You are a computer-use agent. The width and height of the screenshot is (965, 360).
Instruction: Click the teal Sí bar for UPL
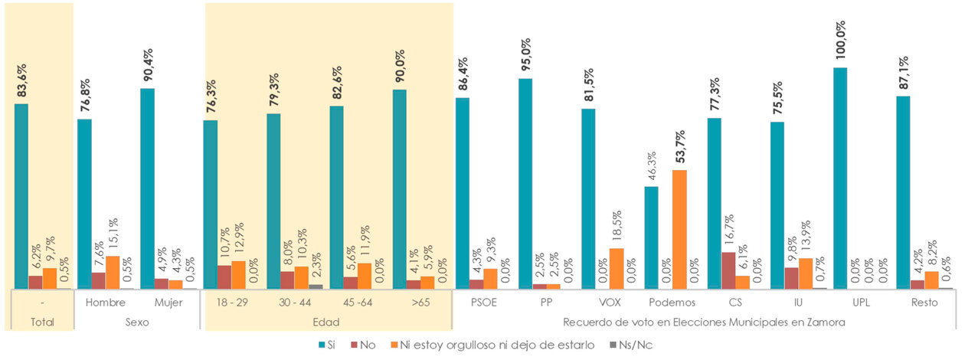pyautogui.click(x=840, y=178)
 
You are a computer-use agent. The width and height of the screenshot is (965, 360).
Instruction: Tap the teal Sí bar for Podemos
pyautogui.click(x=651, y=237)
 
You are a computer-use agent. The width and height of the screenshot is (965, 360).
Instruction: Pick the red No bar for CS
pyautogui.click(x=728, y=270)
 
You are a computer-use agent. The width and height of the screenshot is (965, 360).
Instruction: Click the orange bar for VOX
pyautogui.click(x=617, y=268)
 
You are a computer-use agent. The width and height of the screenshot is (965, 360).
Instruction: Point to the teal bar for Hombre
pyautogui.click(x=84, y=204)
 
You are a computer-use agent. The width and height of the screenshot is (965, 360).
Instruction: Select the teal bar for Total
pyautogui.click(x=21, y=196)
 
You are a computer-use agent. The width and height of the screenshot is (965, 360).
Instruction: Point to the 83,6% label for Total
pyautogui.click(x=21, y=79)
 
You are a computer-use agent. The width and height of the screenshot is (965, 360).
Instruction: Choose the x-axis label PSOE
pyautogui.click(x=485, y=302)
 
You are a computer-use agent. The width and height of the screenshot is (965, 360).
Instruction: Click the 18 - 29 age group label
pyautogui.click(x=233, y=302)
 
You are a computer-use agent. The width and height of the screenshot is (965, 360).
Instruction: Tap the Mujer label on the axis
pyautogui.click(x=169, y=302)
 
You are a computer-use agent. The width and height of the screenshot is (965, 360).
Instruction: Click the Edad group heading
pyautogui.click(x=327, y=322)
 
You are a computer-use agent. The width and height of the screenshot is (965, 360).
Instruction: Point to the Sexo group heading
pyautogui.click(x=137, y=322)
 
